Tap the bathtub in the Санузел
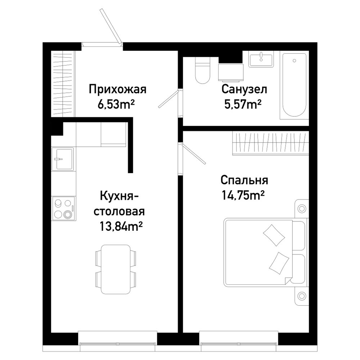coord(294,85)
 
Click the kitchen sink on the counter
coord(63,159)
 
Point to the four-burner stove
coord(64,208)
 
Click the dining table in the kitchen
coord(116,269)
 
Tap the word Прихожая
coord(118,89)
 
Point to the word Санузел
coord(244,89)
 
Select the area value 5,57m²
coord(243,105)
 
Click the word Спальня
coord(244,180)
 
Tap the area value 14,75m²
coord(243,195)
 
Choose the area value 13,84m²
coord(121,226)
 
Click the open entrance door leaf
coord(111,26)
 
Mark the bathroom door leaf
coord(168,99)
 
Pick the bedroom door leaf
coord(194,154)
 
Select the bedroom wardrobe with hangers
coord(270,143)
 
